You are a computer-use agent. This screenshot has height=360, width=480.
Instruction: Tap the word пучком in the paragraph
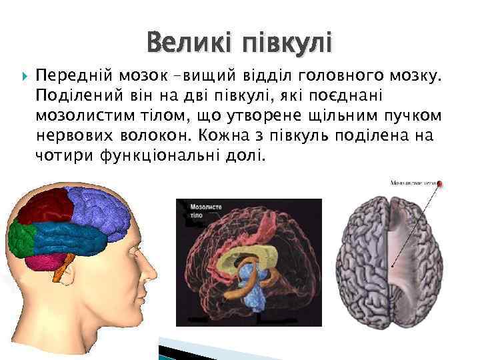[x=418, y=115]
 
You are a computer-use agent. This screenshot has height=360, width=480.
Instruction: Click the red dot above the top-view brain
[x=439, y=183]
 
